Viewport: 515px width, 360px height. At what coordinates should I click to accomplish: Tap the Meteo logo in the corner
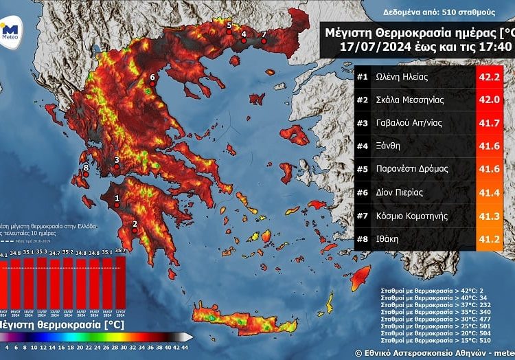click(9, 30)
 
